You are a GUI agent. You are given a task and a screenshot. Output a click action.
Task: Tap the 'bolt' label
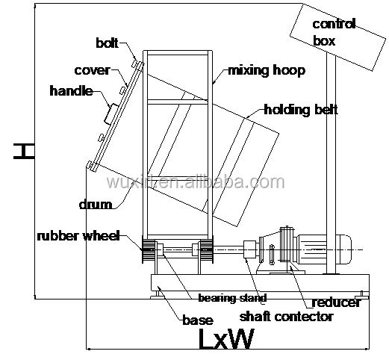click(x=108, y=42)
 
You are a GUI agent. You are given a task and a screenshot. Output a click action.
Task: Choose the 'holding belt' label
click(x=300, y=111)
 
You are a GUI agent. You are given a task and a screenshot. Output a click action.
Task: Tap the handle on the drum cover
click(x=108, y=114)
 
